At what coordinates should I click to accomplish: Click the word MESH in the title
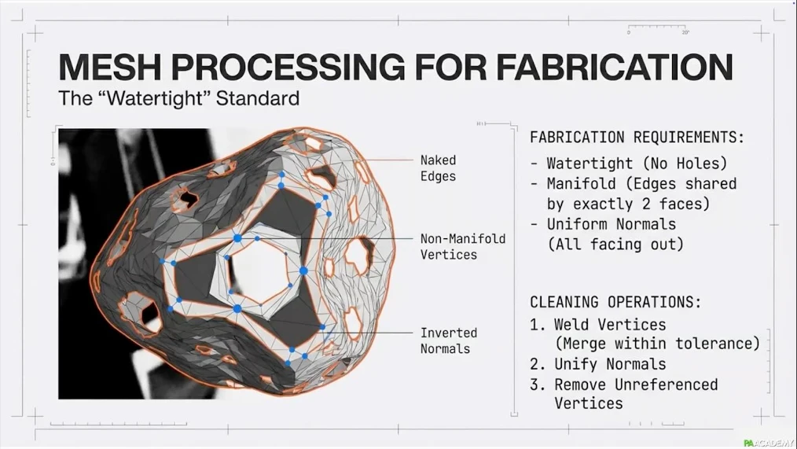[110, 67]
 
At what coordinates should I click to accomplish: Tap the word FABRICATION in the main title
[614, 67]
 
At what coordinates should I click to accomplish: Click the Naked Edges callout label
[438, 168]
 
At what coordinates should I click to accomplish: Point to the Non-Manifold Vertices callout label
[462, 247]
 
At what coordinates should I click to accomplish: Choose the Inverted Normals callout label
[448, 340]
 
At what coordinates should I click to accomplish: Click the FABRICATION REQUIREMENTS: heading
[637, 138]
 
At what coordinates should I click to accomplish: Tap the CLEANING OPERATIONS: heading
[615, 302]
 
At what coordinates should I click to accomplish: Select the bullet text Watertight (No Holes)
[637, 164]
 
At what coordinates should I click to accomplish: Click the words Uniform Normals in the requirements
[612, 224]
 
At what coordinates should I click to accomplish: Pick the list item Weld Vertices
[610, 325]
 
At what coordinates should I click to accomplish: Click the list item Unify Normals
[610, 364]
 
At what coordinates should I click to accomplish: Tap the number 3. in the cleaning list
[538, 385]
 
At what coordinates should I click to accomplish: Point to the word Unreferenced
[667, 385]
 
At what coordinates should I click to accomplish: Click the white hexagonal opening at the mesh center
[263, 267]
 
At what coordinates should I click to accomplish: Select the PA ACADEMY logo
[769, 443]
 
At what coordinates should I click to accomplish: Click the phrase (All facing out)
[615, 245]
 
